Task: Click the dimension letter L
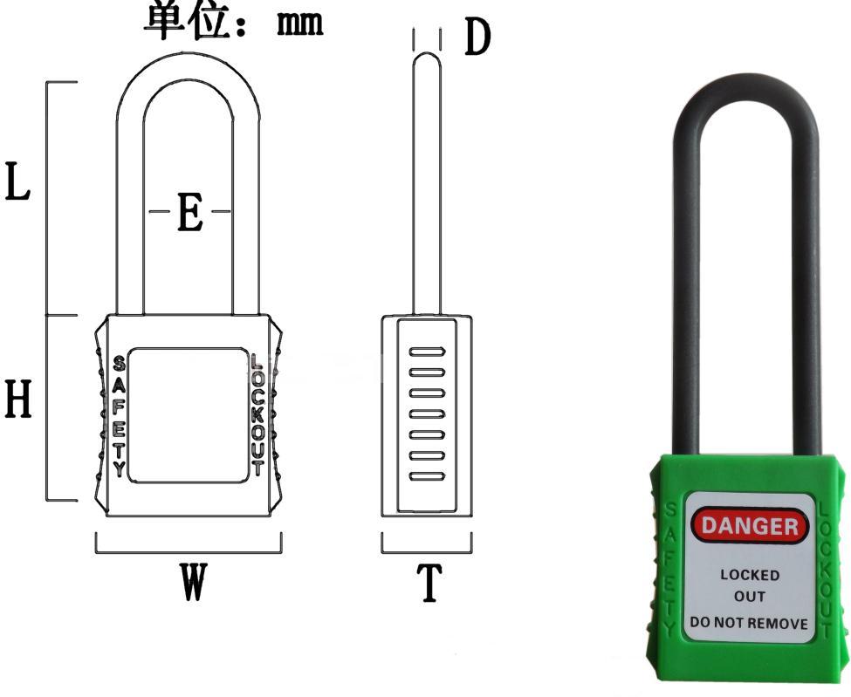(x=19, y=181)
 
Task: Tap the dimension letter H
(x=19, y=400)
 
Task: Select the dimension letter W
(x=193, y=582)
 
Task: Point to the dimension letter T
(x=428, y=584)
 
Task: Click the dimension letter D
(x=477, y=38)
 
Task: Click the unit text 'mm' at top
(x=300, y=23)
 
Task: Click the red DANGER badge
(x=749, y=525)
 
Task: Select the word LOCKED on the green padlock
(x=750, y=576)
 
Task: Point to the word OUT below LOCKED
(x=750, y=598)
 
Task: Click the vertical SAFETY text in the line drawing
(x=119, y=414)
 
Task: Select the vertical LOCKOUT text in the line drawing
(x=257, y=414)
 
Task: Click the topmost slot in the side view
(x=428, y=352)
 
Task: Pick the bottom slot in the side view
(x=428, y=476)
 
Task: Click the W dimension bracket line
(x=188, y=553)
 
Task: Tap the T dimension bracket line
(x=427, y=553)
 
